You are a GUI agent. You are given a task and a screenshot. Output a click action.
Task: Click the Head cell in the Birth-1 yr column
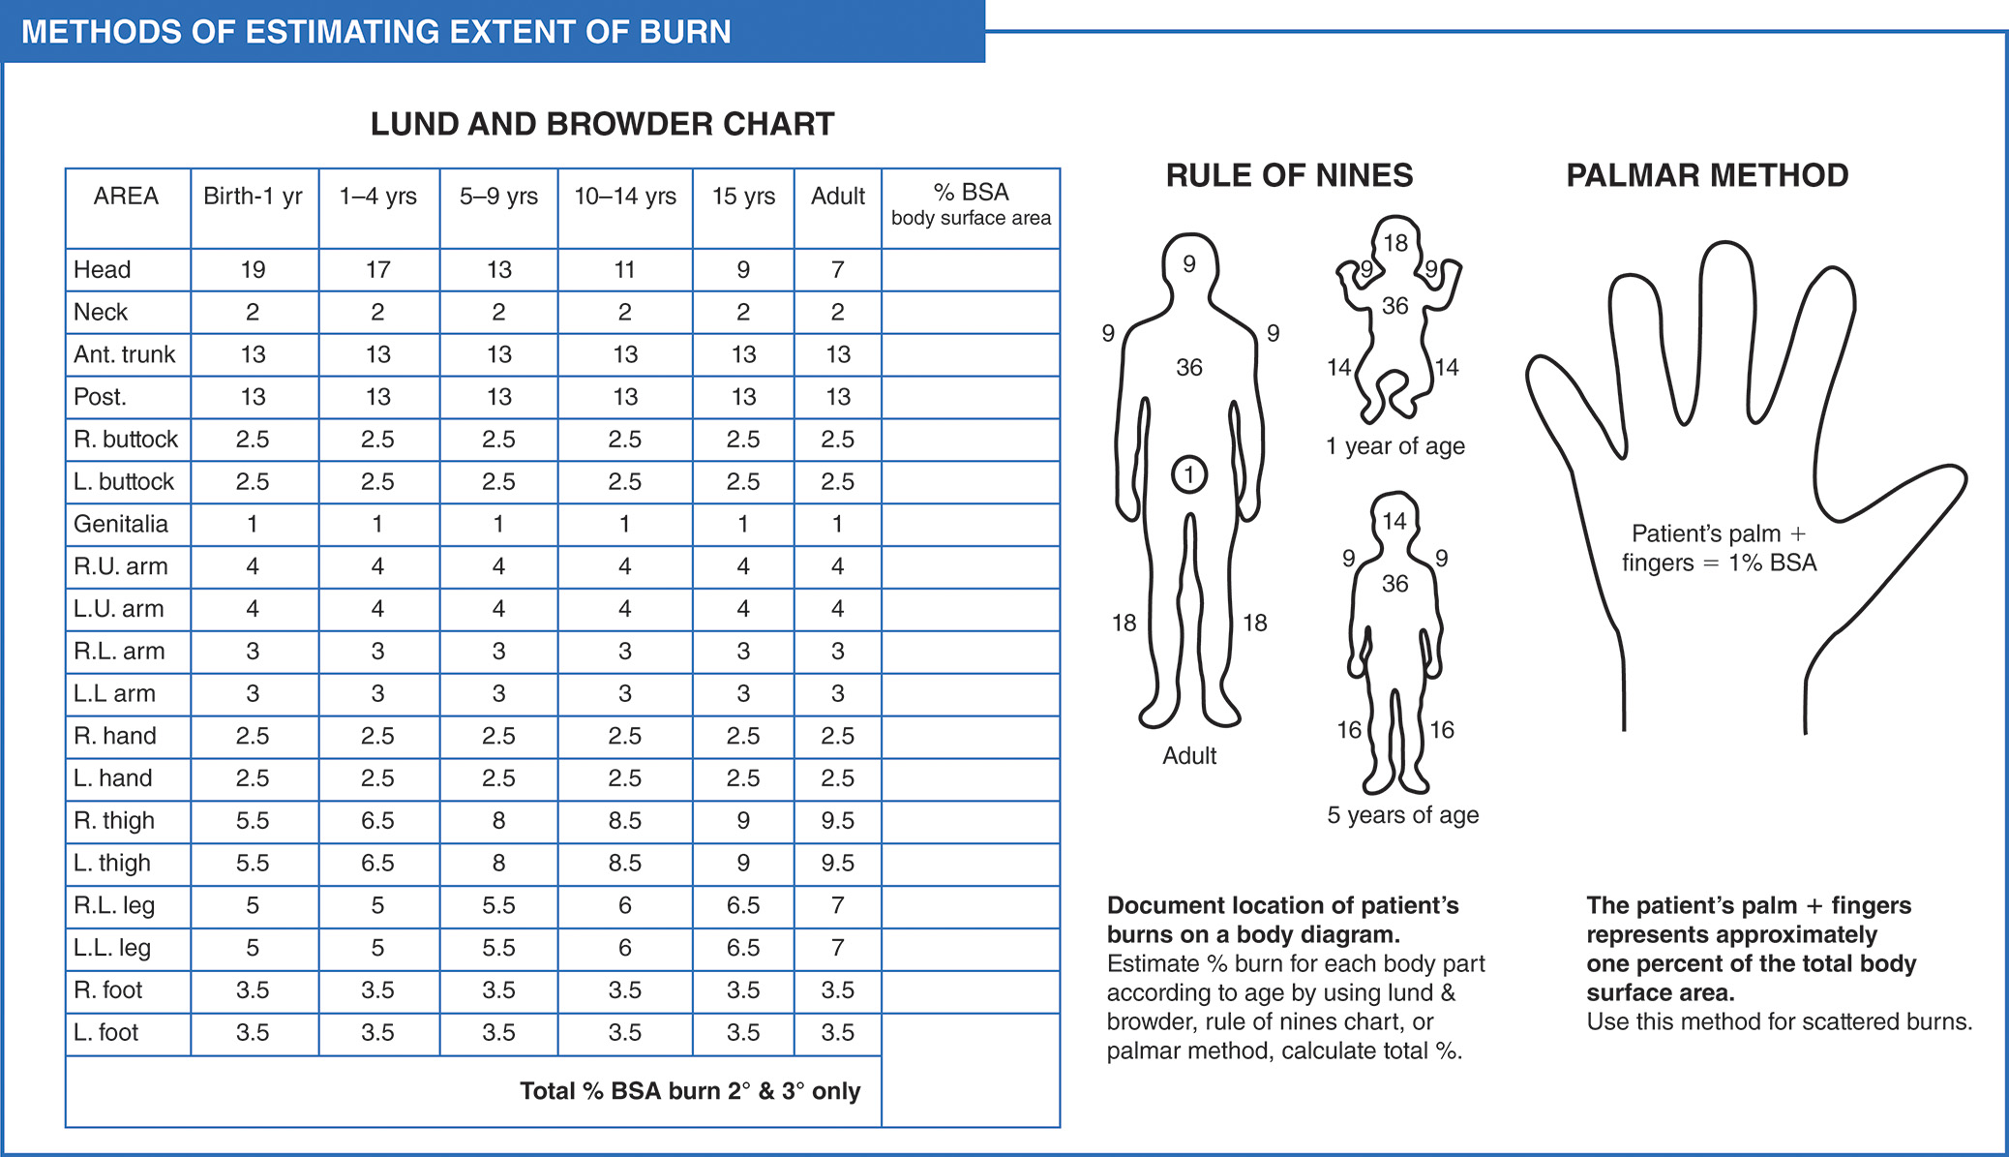click(x=253, y=270)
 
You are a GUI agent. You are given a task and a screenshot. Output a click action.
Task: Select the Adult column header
click(x=837, y=197)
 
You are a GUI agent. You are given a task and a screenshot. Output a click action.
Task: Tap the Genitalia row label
click(x=121, y=524)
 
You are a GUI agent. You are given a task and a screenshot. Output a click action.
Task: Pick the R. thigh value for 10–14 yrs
click(x=624, y=821)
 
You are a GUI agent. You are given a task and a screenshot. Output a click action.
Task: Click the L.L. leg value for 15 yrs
click(x=742, y=948)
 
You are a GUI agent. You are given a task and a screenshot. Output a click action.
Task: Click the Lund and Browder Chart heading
click(x=602, y=124)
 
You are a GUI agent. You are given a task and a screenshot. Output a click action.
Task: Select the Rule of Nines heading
click(x=1289, y=175)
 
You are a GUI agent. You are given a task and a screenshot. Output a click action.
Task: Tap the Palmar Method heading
click(x=1707, y=175)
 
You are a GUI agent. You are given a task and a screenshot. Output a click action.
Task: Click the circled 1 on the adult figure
click(x=1189, y=474)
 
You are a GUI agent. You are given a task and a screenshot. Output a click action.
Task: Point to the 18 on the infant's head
click(x=1394, y=243)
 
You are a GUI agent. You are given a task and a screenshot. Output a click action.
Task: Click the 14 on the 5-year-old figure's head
click(x=1394, y=522)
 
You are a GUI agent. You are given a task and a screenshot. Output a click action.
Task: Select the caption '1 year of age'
click(x=1394, y=446)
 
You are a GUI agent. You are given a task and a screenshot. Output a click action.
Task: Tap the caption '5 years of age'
click(x=1402, y=815)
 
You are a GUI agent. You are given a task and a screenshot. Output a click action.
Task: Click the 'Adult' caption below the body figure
click(x=1189, y=756)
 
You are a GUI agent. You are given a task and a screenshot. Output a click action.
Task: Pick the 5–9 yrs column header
click(x=498, y=197)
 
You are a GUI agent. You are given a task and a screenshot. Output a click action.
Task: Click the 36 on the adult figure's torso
click(x=1189, y=368)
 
